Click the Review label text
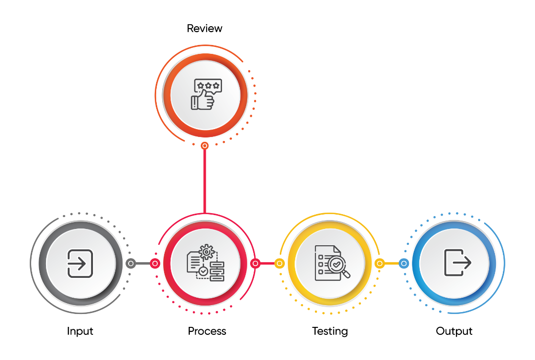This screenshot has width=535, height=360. [x=204, y=28]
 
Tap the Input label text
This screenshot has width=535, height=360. [x=80, y=331]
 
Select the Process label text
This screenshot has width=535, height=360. [x=207, y=331]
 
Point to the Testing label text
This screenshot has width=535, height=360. [x=330, y=331]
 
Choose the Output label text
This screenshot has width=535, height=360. [x=454, y=331]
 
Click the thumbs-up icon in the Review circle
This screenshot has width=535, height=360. [x=203, y=100]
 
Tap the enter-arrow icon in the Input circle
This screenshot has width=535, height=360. [x=80, y=264]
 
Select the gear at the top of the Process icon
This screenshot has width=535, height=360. [x=206, y=252]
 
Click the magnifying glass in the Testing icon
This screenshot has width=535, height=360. [x=338, y=266]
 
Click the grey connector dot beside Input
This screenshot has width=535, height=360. [x=131, y=264]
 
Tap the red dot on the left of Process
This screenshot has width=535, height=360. [x=155, y=264]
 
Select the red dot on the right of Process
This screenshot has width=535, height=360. [x=255, y=264]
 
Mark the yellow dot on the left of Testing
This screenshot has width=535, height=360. [x=279, y=264]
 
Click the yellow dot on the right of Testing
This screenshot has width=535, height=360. [x=379, y=264]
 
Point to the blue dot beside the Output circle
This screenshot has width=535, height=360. [x=403, y=264]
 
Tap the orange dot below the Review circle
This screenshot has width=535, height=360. [x=204, y=146]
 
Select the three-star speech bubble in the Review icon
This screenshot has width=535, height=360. [x=208, y=86]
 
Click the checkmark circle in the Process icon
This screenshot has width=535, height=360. [x=203, y=271]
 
